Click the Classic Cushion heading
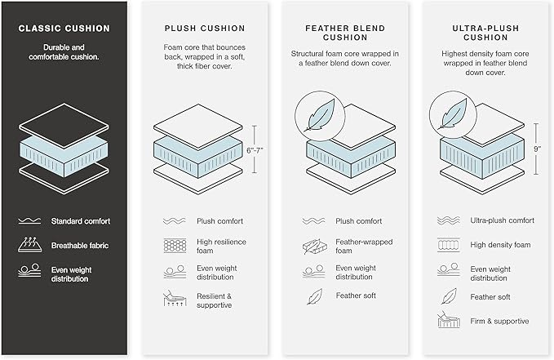coord(64,29)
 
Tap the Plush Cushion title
coord(205,29)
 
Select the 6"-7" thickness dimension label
coord(255,151)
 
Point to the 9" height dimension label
coord(538,149)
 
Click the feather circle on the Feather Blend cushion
coord(320,117)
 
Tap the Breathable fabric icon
coord(29,245)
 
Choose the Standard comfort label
coord(81,221)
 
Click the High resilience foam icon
coord(175,246)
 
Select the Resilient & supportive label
coord(214,300)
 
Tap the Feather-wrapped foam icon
coord(312,247)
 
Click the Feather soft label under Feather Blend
coord(356,296)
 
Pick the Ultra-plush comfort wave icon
coord(449,220)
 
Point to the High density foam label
coord(500,245)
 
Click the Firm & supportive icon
coord(449,320)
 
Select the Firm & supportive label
coord(499,321)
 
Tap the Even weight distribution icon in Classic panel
coord(29,270)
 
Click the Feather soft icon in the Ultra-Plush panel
coord(449,296)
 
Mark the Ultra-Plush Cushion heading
coord(485,33)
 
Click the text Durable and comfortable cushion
coord(64,52)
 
